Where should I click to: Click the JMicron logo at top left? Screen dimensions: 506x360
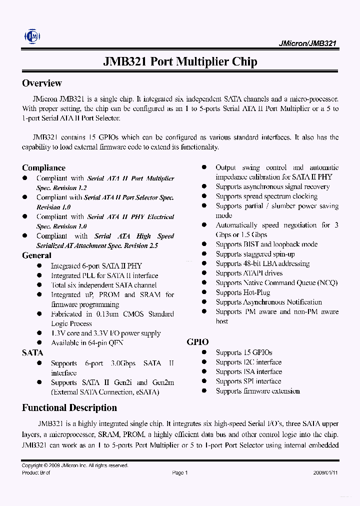(x=32, y=36)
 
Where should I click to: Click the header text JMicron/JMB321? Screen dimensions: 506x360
(x=307, y=43)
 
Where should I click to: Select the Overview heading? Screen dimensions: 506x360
(x=42, y=83)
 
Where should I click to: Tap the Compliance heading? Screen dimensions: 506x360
(x=43, y=167)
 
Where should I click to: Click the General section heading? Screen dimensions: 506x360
(x=36, y=255)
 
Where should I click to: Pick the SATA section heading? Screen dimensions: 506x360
(x=32, y=352)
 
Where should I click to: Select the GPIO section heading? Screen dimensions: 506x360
(x=197, y=342)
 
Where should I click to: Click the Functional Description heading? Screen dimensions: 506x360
(x=69, y=407)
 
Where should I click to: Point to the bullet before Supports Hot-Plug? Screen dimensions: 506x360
(x=204, y=292)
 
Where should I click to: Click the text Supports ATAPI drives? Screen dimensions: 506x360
(x=249, y=273)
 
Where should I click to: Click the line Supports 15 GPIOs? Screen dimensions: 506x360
(x=244, y=352)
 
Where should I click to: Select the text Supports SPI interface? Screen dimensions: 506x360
(x=248, y=381)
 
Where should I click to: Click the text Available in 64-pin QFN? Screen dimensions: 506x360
(x=87, y=342)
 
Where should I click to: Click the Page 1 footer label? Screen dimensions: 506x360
(x=179, y=472)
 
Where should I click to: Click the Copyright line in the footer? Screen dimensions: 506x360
(x=75, y=465)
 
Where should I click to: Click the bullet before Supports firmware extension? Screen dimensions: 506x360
(x=204, y=391)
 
